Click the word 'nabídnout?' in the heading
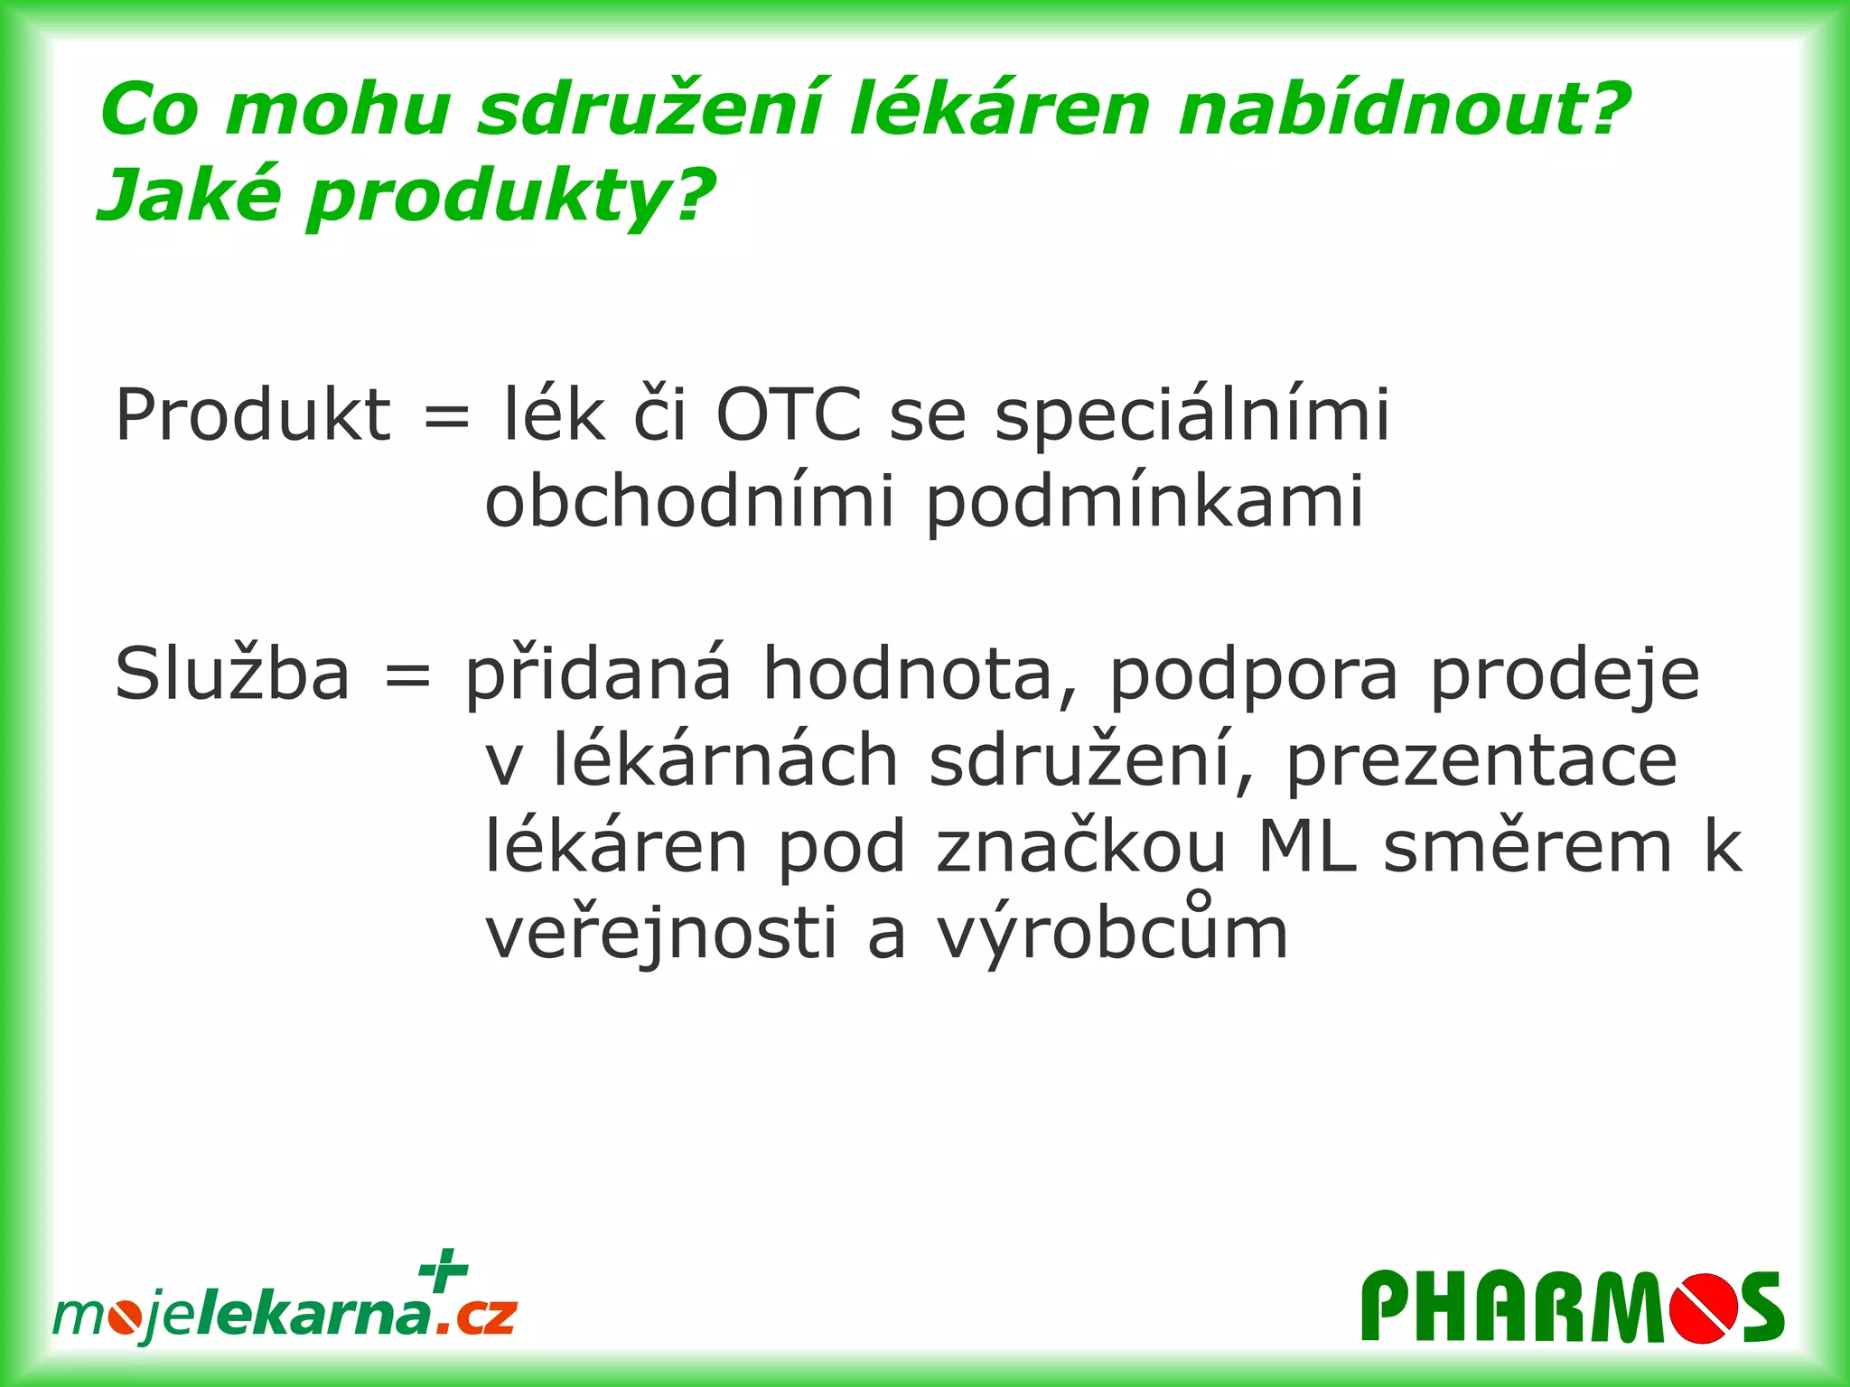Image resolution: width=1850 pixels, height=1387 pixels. (1404, 110)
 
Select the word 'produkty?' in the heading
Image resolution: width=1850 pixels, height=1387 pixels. (511, 197)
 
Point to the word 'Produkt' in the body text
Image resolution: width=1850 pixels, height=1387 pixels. (253, 415)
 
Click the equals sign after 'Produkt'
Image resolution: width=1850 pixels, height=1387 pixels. (446, 417)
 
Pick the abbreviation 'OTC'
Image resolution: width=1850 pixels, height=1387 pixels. (789, 415)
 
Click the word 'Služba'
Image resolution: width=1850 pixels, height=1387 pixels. (232, 674)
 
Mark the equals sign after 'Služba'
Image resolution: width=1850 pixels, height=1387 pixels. (407, 676)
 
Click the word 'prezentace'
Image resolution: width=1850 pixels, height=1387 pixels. (1481, 761)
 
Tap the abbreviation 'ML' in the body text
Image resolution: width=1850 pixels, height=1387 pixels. (1307, 847)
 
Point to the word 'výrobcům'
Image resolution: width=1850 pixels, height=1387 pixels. (1112, 934)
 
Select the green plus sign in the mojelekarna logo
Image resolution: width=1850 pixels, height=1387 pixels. (444, 1271)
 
